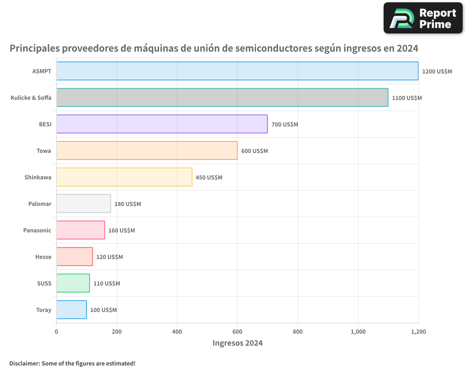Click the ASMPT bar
[x=237, y=71]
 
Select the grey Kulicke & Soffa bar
[x=222, y=98]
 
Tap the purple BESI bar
[x=162, y=124]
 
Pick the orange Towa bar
[x=147, y=151]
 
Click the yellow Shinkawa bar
[x=124, y=177]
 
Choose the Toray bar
[x=72, y=310]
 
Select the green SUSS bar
[x=73, y=283]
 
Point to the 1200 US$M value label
[x=437, y=72]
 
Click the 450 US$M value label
[x=209, y=178]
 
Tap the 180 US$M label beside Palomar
[x=127, y=204]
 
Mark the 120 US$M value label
[x=109, y=257]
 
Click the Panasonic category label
[x=37, y=231]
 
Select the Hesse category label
[x=43, y=257]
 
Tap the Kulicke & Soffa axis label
[x=31, y=98]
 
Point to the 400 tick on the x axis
[x=177, y=332]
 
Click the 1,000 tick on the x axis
[x=358, y=332]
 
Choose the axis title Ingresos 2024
[x=237, y=343]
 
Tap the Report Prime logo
[x=423, y=18]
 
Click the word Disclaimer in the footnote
[x=24, y=363]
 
